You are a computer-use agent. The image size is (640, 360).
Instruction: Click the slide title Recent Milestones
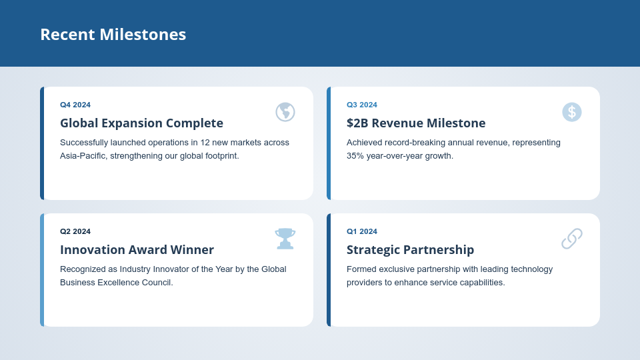point(113,35)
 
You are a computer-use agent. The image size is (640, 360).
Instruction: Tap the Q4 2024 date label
point(75,105)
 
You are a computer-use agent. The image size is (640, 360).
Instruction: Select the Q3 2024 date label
point(362,105)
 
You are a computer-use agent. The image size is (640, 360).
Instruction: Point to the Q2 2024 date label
point(75,231)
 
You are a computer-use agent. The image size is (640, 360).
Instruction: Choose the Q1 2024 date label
point(362,231)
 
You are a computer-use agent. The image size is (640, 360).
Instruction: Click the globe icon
point(285,112)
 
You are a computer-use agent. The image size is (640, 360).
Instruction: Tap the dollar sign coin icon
point(572,112)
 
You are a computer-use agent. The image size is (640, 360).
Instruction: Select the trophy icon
point(285,239)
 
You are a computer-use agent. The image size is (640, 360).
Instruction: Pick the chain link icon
point(572,239)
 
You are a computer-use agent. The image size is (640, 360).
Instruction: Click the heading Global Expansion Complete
point(141,123)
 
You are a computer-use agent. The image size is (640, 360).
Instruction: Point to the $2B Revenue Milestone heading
point(416,123)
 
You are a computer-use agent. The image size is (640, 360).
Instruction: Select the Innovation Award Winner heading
point(137,250)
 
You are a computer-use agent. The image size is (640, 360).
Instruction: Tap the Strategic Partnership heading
point(410,250)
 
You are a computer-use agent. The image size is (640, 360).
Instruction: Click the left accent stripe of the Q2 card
point(42,270)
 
